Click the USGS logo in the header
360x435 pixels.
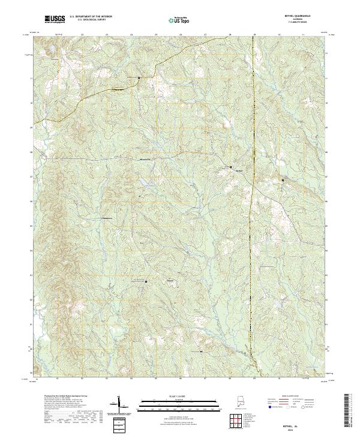click(x=55, y=19)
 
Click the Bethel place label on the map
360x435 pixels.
click(x=238, y=170)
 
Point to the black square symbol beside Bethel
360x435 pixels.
click(x=232, y=166)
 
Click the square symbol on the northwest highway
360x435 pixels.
click(x=139, y=78)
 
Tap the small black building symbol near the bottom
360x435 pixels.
click(x=202, y=351)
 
